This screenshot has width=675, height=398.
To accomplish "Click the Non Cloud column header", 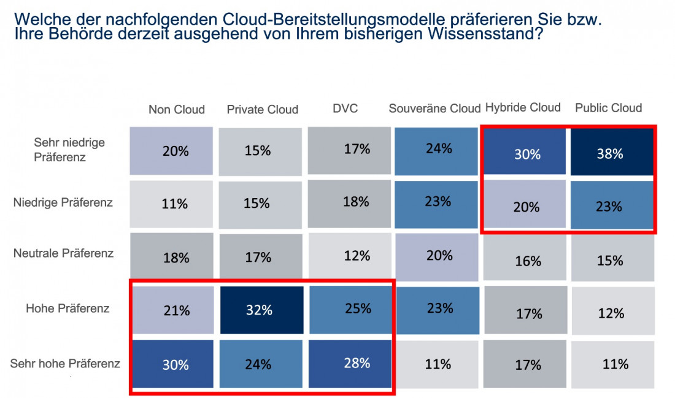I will (176, 110).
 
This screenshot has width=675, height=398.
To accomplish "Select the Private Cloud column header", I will (262, 110).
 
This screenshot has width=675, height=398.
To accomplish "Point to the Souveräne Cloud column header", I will (434, 109).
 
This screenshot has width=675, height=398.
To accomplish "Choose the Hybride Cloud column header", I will (523, 107).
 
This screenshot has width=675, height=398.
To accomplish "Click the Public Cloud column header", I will (608, 108).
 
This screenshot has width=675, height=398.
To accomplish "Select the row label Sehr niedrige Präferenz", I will (69, 150).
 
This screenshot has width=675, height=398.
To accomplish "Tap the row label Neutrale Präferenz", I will (63, 253).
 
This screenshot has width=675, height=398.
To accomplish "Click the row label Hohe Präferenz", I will (67, 308).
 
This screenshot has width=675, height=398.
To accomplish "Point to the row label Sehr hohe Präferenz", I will (65, 364).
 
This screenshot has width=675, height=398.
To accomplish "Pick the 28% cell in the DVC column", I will (349, 363).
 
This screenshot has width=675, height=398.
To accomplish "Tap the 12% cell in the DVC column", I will (349, 255).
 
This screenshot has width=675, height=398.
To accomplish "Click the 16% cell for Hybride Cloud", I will (527, 261).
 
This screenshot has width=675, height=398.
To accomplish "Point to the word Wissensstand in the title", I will (488, 34).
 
